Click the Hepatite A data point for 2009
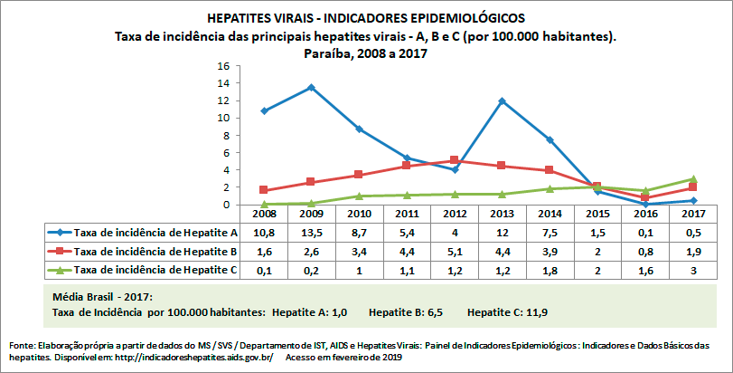[311, 87]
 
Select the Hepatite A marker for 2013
[501, 100]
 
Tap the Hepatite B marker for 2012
[454, 160]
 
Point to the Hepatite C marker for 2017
[692, 178]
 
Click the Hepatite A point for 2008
[264, 110]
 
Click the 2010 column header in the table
[359, 214]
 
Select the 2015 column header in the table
[597, 214]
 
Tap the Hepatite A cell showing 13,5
[311, 233]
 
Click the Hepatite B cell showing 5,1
[454, 252]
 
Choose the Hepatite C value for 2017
[692, 271]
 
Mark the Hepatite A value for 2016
[644, 233]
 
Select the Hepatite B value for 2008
[264, 252]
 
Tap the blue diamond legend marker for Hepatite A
[57, 233]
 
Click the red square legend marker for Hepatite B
[57, 252]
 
